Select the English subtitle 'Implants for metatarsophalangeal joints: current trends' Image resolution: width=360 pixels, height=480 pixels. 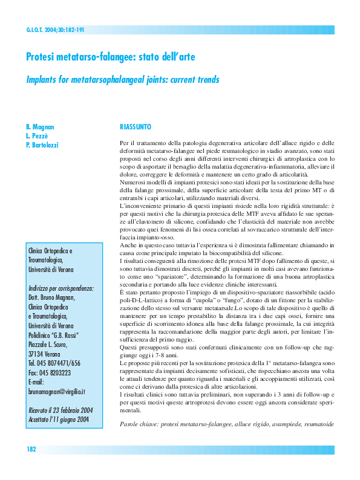122,80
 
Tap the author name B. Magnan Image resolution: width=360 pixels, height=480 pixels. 40,127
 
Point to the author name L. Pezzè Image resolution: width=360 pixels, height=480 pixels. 38,136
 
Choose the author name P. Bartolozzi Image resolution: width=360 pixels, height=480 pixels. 43,145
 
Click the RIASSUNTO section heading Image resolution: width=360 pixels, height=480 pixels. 136,127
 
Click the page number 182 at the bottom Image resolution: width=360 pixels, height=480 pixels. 32,450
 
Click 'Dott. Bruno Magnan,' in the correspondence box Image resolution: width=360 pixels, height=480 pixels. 54,298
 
